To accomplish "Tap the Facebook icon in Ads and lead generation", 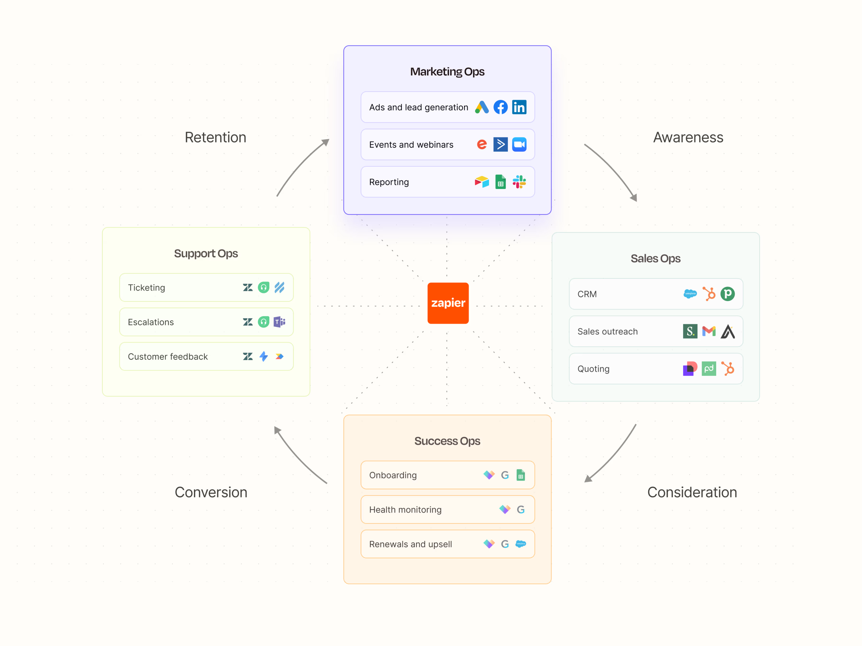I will click(x=500, y=107).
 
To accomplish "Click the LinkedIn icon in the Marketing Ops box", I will click(x=519, y=107).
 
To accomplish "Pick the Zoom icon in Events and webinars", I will click(x=519, y=144).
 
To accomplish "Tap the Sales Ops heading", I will click(x=656, y=258).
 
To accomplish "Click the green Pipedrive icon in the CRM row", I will click(x=727, y=294).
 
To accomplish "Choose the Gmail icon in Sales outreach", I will click(x=708, y=331).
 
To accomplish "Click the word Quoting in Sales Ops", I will click(x=593, y=369).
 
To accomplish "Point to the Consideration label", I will click(x=692, y=492).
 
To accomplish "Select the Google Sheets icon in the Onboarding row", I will click(x=520, y=475).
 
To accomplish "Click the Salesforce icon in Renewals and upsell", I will click(x=520, y=544).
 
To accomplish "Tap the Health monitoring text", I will click(x=405, y=510).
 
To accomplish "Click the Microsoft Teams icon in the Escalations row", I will click(x=279, y=322).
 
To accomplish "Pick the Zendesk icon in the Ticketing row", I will click(x=247, y=288).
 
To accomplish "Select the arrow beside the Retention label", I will click(x=302, y=168).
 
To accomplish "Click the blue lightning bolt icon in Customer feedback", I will click(x=263, y=356).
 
